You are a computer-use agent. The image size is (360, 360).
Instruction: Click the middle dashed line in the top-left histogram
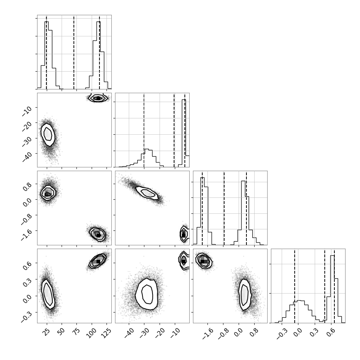74,52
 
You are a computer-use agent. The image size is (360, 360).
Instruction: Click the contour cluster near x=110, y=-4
98,98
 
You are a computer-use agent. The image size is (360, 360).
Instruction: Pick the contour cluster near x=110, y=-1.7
98,234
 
